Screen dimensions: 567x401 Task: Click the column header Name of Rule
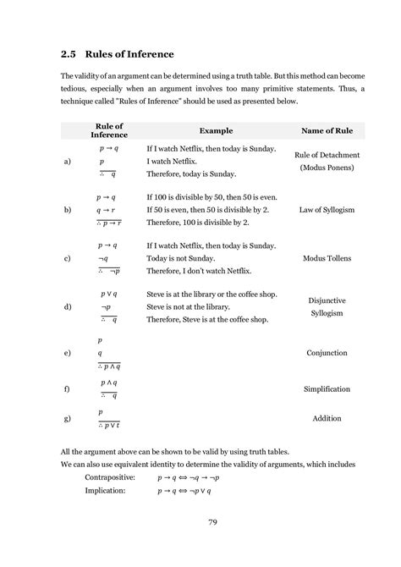327,131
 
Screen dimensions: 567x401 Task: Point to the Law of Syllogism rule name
327,209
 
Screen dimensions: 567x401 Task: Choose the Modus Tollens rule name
327,258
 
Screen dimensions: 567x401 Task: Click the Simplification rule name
328,388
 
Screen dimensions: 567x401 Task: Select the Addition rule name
327,419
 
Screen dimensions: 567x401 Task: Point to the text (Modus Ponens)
327,168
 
